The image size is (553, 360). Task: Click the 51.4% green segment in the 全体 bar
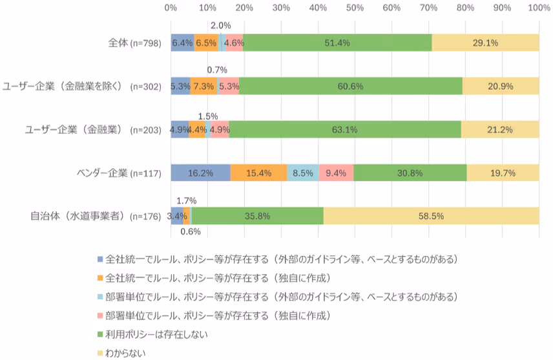tap(338, 43)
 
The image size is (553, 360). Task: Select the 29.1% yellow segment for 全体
tap(485, 43)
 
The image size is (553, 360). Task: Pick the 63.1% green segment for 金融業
tap(345, 129)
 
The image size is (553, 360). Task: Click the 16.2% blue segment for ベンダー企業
tap(200, 173)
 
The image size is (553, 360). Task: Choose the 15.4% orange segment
tap(258, 173)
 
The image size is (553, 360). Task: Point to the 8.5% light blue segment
tap(303, 173)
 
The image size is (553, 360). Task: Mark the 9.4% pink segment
tap(336, 173)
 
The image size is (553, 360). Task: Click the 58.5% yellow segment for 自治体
tap(431, 216)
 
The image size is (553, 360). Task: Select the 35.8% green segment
tap(258, 216)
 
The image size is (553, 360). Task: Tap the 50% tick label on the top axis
tap(355, 8)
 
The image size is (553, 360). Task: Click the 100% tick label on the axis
tap(538, 8)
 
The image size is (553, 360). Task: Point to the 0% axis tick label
tap(171, 8)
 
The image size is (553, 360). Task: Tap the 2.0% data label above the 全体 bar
tap(221, 25)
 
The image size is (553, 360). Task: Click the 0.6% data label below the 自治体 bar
tap(191, 232)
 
